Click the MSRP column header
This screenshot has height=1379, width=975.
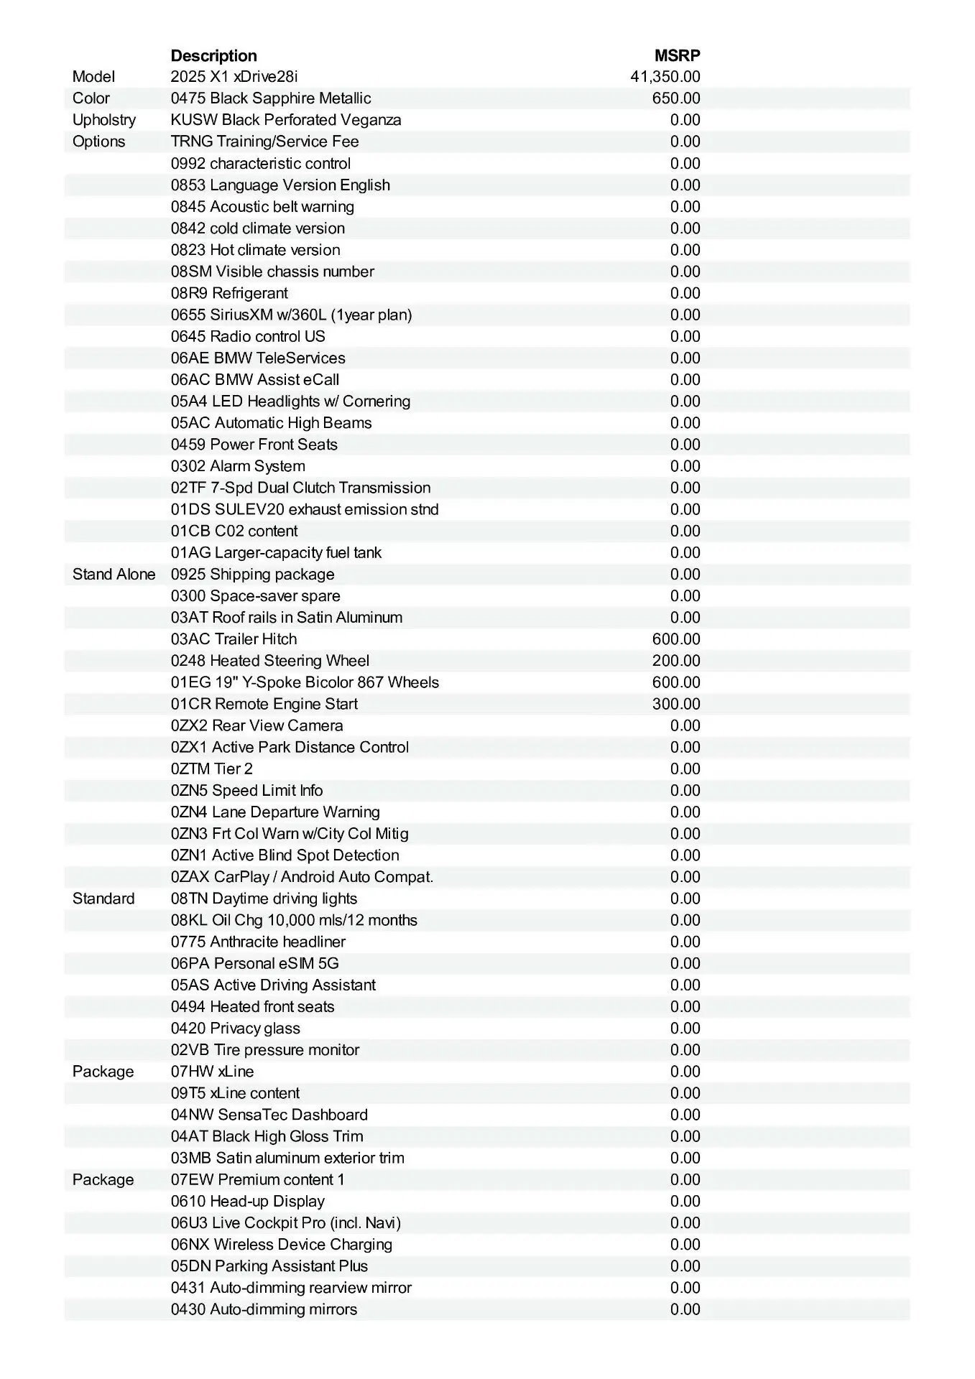tap(677, 56)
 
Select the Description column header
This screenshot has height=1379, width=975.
tap(213, 56)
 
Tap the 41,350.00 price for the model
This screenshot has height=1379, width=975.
tap(665, 77)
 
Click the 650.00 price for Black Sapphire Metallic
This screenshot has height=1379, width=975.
tap(675, 98)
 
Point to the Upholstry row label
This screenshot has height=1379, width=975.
tap(103, 120)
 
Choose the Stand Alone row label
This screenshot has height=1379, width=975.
tap(114, 575)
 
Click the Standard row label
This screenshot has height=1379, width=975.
tap(103, 899)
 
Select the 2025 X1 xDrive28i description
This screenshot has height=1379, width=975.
tap(234, 77)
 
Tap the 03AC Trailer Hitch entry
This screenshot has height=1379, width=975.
tap(234, 639)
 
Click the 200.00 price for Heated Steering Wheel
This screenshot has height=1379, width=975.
tap(675, 661)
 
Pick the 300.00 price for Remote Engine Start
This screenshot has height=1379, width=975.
tap(675, 704)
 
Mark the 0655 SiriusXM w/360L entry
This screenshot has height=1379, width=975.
tap(291, 315)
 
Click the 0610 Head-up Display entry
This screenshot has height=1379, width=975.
tap(247, 1201)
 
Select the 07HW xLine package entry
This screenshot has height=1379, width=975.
tap(212, 1072)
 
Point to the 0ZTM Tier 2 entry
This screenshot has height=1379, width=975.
tap(211, 769)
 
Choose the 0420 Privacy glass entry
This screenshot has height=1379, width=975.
tap(235, 1028)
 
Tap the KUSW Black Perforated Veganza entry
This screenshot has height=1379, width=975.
tap(285, 120)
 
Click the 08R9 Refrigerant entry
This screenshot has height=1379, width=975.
tap(229, 293)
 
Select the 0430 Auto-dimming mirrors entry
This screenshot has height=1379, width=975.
tap(264, 1309)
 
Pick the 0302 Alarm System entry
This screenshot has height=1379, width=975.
tap(238, 466)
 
